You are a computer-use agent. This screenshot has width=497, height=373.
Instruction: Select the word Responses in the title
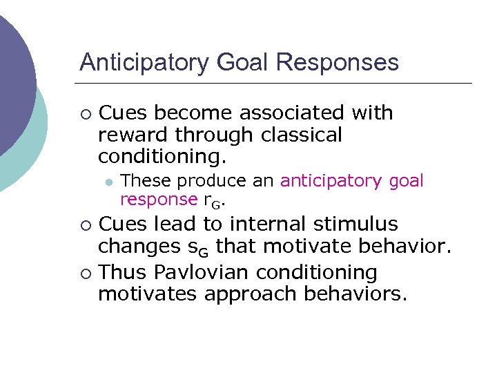pos(337,63)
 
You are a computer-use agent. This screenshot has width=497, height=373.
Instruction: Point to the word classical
pos(301,135)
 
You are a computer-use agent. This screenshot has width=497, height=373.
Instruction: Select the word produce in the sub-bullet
pos(208,181)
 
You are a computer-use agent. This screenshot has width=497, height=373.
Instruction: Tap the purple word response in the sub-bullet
pos(159,200)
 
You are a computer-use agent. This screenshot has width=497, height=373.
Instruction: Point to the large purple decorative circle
pos(10,76)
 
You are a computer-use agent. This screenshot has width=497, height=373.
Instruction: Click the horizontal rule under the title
pos(276,83)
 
